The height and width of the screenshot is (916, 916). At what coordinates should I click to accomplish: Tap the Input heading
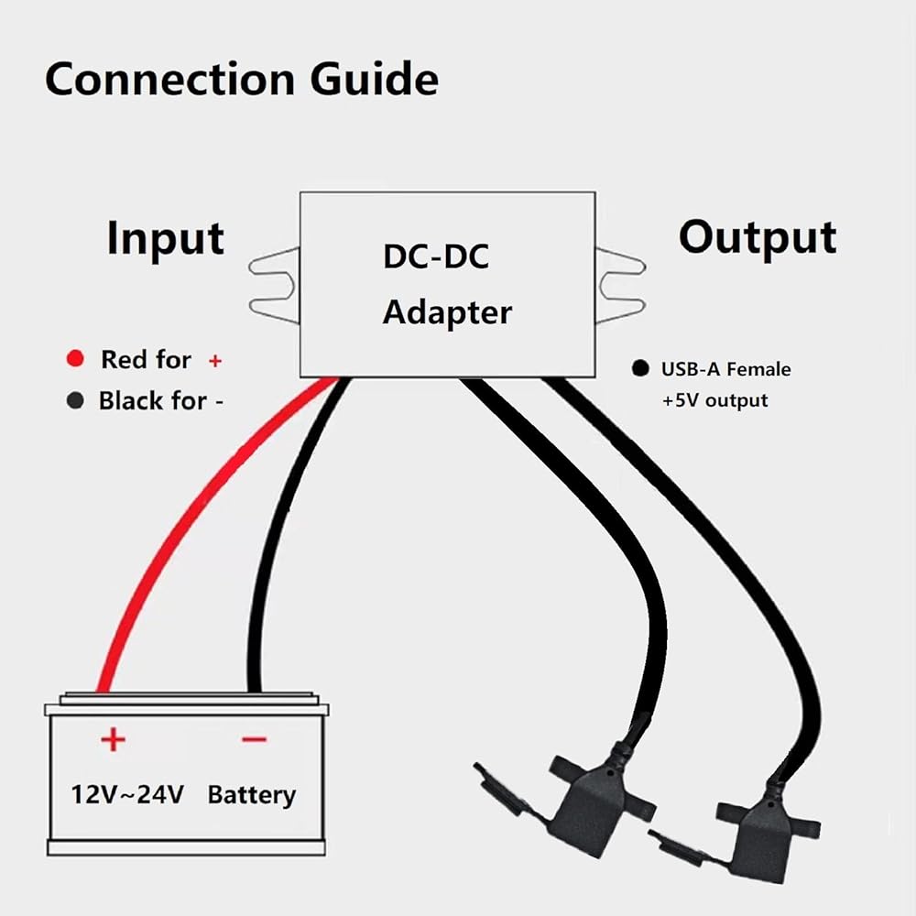pos(166,238)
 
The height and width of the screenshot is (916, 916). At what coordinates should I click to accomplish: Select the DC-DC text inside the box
pos(435,257)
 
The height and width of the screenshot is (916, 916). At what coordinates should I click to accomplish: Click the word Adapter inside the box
pos(447,312)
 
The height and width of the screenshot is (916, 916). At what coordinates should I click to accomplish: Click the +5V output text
pos(714,400)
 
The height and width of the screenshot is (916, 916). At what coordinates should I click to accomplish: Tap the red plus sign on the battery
pos(112,737)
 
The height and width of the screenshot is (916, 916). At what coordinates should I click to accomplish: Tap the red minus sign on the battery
pos(254,738)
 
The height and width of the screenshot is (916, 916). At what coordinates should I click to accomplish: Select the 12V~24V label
pos(128,793)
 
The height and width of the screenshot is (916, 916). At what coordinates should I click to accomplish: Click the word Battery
pos(251,794)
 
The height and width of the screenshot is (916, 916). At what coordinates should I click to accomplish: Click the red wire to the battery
pos(174,540)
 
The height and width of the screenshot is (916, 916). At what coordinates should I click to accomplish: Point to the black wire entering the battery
pos(262,568)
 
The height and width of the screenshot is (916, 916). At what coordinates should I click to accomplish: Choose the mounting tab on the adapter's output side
pos(621,285)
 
